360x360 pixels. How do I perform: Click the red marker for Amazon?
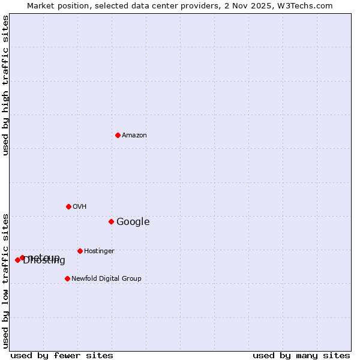point(118,135)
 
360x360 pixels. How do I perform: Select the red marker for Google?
point(111,221)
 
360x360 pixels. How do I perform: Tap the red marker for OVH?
point(68,206)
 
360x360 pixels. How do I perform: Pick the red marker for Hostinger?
point(80,251)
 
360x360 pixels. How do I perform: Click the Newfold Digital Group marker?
point(67,278)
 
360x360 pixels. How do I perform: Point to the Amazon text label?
point(134,136)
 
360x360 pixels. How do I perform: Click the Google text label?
point(133,222)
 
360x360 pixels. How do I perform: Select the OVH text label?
point(80,207)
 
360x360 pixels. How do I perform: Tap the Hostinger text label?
point(99,251)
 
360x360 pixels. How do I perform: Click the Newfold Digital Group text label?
point(106,279)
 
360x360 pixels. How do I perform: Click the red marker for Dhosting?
point(17,260)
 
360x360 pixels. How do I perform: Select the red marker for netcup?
point(22,257)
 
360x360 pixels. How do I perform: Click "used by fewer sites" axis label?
point(62,356)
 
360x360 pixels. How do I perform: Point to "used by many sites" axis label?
point(301,356)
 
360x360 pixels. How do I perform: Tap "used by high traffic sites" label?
point(6,85)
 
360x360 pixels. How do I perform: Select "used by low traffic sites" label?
point(6,280)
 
